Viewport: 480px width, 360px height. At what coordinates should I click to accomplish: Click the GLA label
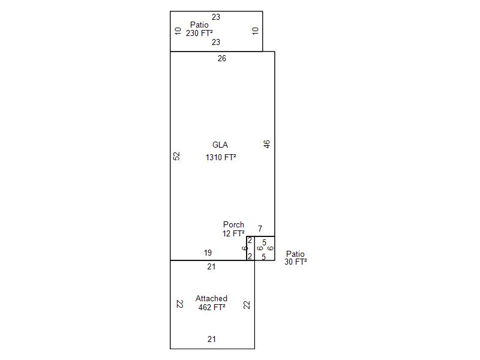[x=220, y=145]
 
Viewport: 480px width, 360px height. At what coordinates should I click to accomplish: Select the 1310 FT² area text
[x=221, y=157]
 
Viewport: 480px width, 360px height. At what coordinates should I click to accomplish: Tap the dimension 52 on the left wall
[x=176, y=156]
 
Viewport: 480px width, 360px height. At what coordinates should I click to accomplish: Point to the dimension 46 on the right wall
[x=266, y=144]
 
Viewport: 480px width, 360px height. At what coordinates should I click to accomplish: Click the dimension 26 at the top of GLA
[x=222, y=58]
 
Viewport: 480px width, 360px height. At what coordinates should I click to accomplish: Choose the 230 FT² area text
[x=199, y=33]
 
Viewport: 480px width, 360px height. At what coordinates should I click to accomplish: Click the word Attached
[x=211, y=298]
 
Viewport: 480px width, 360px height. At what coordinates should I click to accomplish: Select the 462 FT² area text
[x=212, y=307]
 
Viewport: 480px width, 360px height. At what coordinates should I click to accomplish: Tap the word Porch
[x=233, y=224]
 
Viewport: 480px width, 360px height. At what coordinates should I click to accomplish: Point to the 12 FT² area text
[x=233, y=233]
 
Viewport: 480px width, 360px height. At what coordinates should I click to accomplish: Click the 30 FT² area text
[x=296, y=262]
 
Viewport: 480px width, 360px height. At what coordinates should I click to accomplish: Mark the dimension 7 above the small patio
[x=260, y=229]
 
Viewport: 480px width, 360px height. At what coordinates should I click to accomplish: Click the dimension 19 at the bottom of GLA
[x=208, y=253]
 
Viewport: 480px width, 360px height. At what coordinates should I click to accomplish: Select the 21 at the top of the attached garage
[x=212, y=267]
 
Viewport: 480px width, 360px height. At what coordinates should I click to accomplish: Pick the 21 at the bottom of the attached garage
[x=212, y=339]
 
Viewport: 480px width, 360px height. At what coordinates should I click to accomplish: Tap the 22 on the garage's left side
[x=179, y=304]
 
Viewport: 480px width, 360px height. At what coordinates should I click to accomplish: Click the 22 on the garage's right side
[x=247, y=305]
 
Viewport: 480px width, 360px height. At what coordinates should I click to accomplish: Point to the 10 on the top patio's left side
[x=178, y=31]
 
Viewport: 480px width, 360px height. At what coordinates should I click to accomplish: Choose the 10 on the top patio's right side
[x=256, y=31]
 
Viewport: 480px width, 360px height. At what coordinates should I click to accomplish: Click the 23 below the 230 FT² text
[x=216, y=42]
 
